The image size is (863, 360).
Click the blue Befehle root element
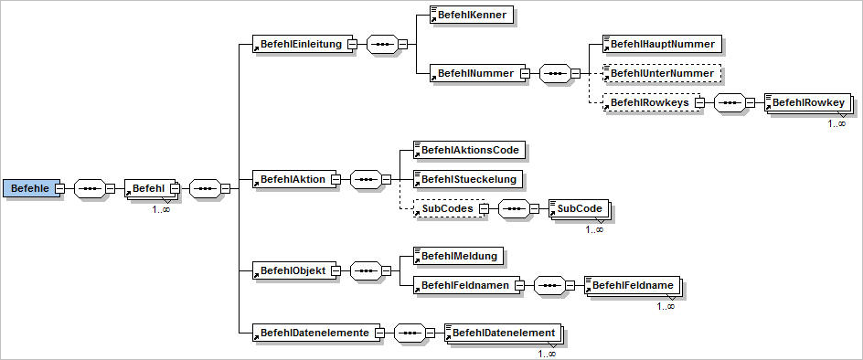pos(28,188)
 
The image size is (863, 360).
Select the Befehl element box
pos(146,188)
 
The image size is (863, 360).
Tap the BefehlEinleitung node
pos(302,44)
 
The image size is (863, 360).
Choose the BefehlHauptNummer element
pos(663,43)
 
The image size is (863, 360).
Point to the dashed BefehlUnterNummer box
pos(663,72)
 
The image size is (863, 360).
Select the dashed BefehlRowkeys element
pos(650,102)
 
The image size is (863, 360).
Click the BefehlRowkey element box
pos(808,103)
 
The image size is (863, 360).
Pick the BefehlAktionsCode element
pos(472,149)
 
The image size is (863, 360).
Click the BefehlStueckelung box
pos(469,178)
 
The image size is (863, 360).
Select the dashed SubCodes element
pos(445,209)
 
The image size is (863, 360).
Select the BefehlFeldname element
pos(633,286)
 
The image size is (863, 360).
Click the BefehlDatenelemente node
pos(314,333)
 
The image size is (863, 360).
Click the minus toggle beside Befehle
pos(59,189)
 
